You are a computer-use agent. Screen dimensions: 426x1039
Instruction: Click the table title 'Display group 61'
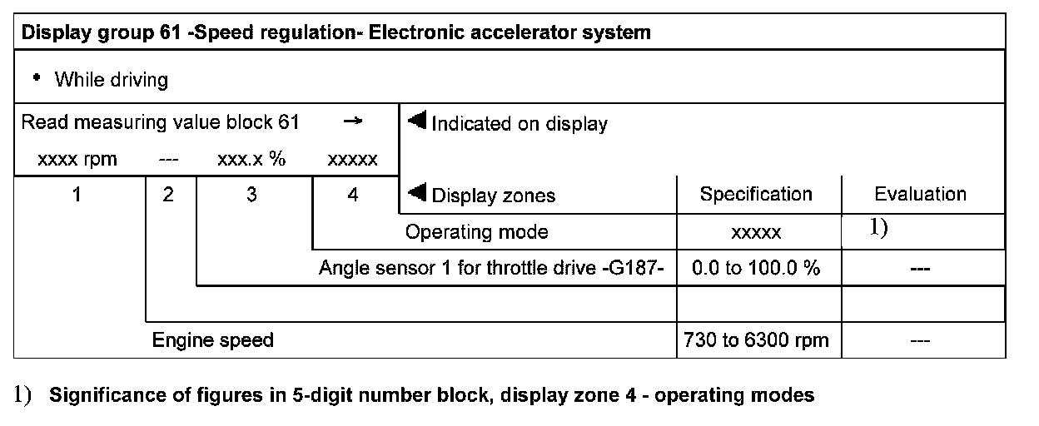[x=336, y=34]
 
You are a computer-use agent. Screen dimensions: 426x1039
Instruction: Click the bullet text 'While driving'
[x=111, y=80]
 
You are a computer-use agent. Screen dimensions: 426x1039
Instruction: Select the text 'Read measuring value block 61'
[x=159, y=123]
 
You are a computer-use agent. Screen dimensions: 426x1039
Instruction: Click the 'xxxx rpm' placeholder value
[x=77, y=160]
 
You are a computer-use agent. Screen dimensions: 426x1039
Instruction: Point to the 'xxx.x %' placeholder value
[x=251, y=160]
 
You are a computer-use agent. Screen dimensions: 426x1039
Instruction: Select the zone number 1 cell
[x=77, y=196]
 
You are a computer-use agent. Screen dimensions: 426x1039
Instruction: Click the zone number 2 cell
[x=169, y=196]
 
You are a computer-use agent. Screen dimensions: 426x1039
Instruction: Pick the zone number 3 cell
[x=251, y=196]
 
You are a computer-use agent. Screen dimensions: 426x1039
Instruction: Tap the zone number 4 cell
[x=354, y=196]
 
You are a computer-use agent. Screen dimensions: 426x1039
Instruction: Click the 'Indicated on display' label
[x=519, y=124]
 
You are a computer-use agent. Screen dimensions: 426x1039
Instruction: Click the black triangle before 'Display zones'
[x=417, y=195]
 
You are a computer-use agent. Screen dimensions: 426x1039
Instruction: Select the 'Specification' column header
[x=756, y=195]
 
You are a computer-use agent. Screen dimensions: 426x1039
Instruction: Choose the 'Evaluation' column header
[x=920, y=195]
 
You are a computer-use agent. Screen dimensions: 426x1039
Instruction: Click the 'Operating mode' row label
[x=476, y=232]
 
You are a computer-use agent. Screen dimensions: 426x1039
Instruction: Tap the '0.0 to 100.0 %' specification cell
[x=756, y=270]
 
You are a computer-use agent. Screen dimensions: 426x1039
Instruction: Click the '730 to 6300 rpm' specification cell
[x=756, y=340]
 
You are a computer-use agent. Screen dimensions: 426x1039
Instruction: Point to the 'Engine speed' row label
[x=212, y=340]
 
